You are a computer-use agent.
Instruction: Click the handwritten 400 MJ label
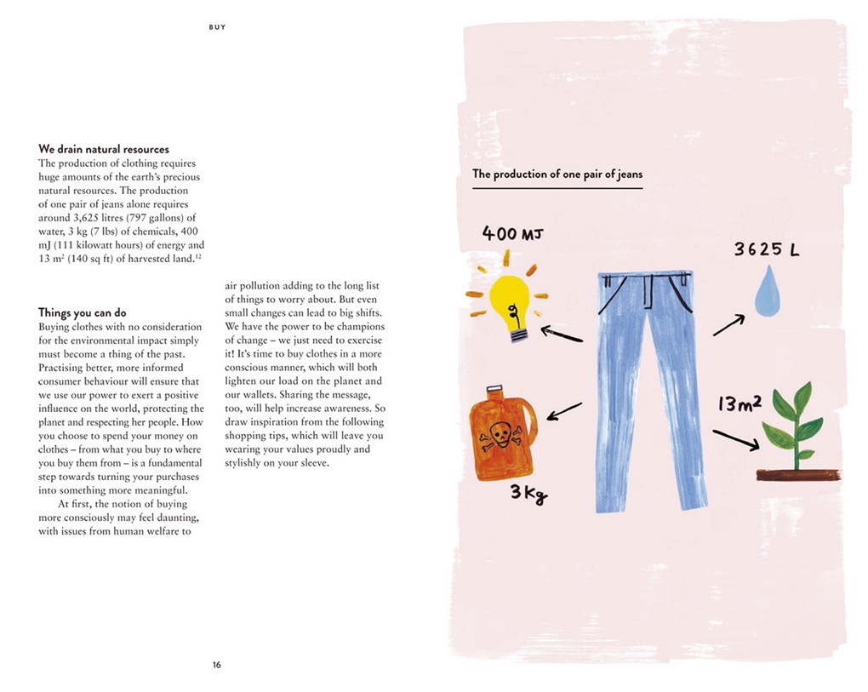512,232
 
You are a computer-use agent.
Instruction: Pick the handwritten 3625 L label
767,250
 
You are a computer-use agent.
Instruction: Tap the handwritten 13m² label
739,403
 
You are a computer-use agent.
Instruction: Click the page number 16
217,665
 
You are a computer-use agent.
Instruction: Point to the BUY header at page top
217,27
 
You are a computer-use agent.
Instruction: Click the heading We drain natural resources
104,149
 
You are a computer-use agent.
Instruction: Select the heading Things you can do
82,312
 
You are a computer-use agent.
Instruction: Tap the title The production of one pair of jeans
557,174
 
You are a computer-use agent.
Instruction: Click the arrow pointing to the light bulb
562,334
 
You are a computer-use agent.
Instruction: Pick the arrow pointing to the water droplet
728,325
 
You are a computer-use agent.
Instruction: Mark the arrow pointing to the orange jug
564,411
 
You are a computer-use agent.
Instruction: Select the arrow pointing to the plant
735,439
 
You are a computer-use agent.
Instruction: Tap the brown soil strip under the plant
798,475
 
